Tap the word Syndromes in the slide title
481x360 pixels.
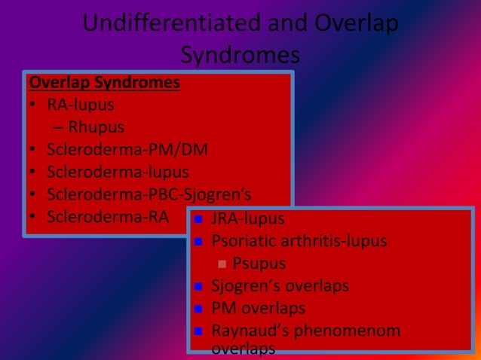(x=240, y=55)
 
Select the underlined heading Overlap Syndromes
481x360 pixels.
(x=104, y=81)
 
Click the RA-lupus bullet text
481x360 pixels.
(x=81, y=105)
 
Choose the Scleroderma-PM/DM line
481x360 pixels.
(x=127, y=150)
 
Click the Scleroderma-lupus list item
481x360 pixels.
(x=118, y=172)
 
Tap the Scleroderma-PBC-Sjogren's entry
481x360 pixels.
(x=149, y=195)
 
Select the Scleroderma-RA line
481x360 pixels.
(x=107, y=218)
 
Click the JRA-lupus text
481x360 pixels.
(x=248, y=219)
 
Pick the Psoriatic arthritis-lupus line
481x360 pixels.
(x=299, y=242)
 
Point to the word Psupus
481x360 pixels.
(x=259, y=264)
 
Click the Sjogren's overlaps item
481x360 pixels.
(x=280, y=286)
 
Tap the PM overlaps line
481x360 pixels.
(x=258, y=309)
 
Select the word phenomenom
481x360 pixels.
(x=353, y=331)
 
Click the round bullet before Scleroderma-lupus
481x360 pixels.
(x=33, y=172)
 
